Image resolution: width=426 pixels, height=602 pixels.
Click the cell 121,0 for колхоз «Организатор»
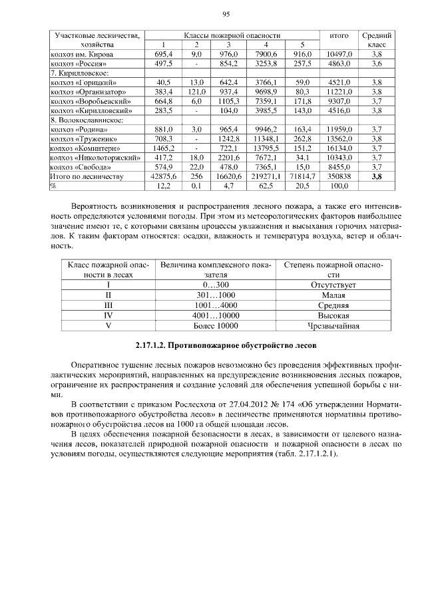click(196, 91)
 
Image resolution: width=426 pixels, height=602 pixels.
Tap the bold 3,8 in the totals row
click(377, 177)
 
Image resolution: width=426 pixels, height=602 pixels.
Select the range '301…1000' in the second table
click(214, 295)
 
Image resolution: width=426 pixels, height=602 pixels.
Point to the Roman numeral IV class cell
click(107, 315)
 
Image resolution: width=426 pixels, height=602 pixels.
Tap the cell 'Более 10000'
click(214, 326)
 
